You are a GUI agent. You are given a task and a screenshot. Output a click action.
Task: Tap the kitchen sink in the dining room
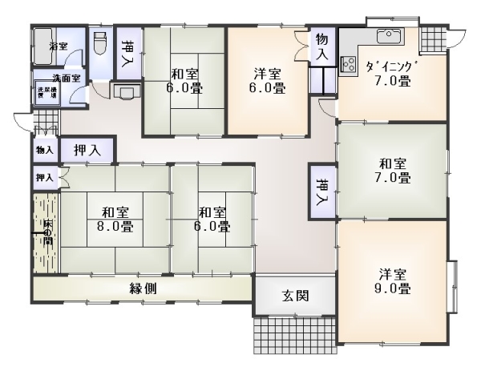point(390,34)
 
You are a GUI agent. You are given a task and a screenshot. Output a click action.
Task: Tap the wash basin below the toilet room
point(125,91)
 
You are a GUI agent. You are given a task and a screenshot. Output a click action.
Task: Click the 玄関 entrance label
point(294,296)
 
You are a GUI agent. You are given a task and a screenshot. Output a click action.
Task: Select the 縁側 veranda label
point(143,288)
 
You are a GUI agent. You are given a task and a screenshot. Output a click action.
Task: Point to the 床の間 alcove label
point(46,233)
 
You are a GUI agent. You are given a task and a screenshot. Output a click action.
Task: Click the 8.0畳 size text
point(115,226)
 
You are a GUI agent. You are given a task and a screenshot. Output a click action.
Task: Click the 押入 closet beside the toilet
point(128,54)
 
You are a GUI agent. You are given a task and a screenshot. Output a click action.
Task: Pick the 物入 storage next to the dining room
point(321,46)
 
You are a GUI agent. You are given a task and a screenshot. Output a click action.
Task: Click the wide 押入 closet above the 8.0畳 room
point(87,149)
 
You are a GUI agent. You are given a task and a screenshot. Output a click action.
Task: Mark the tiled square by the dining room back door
point(431,37)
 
